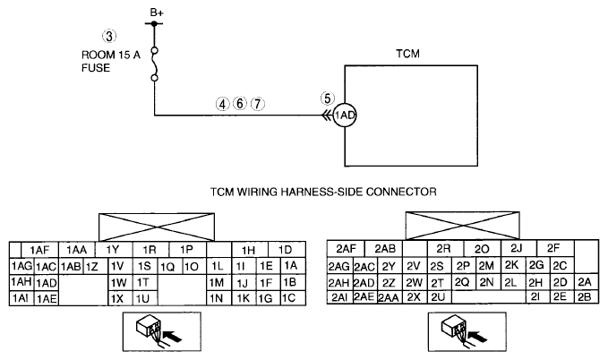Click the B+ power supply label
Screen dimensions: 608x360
(157, 13)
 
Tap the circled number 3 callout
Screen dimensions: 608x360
(109, 36)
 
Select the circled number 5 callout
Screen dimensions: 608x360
(328, 99)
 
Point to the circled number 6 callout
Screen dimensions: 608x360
(240, 104)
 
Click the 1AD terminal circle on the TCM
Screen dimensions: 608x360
(345, 116)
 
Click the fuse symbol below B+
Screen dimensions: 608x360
(154, 64)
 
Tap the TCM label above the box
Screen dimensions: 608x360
(407, 54)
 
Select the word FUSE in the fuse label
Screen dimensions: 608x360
(96, 68)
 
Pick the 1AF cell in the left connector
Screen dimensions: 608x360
(39, 250)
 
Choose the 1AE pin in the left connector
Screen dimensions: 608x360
(47, 299)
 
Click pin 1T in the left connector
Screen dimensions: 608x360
(145, 282)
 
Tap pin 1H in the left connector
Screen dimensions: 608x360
(249, 250)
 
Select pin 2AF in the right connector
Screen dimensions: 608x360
(346, 249)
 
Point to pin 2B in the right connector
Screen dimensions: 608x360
(586, 296)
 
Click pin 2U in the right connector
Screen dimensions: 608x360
(439, 296)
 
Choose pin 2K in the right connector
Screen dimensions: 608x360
(512, 265)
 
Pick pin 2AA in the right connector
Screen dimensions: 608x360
(389, 297)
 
